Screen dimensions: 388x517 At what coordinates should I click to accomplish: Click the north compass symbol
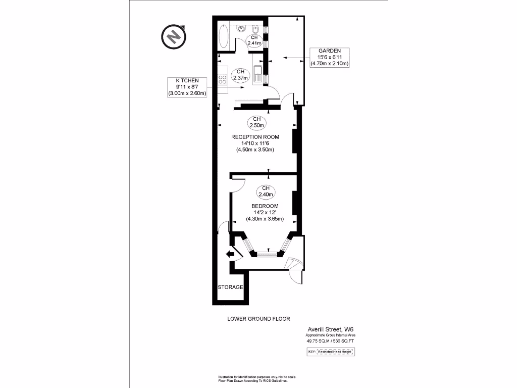pyautogui.click(x=174, y=36)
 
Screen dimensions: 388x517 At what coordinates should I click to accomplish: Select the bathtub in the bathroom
pyautogui.click(x=224, y=36)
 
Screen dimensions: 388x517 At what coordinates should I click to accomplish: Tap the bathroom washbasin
pyautogui.click(x=241, y=28)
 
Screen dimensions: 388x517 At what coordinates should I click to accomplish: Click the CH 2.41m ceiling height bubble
pyautogui.click(x=254, y=40)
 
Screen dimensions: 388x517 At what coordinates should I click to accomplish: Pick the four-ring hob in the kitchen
pyautogui.click(x=222, y=79)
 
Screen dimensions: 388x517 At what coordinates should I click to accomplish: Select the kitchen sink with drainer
pyautogui.click(x=257, y=74)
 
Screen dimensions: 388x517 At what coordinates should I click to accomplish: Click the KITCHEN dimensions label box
pyautogui.click(x=187, y=87)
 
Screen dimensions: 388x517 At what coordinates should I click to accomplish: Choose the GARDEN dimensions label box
pyautogui.click(x=330, y=57)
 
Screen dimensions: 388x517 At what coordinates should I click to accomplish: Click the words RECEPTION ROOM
pyautogui.click(x=255, y=137)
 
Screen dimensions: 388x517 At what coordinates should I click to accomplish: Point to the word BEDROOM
pyautogui.click(x=265, y=206)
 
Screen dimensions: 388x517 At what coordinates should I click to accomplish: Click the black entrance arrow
pyautogui.click(x=231, y=255)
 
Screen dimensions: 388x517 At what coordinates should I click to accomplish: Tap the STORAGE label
pyautogui.click(x=231, y=287)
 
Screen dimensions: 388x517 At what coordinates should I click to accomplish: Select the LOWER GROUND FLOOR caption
pyautogui.click(x=258, y=319)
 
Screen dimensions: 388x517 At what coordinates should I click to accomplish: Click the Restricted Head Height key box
pyautogui.click(x=331, y=351)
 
